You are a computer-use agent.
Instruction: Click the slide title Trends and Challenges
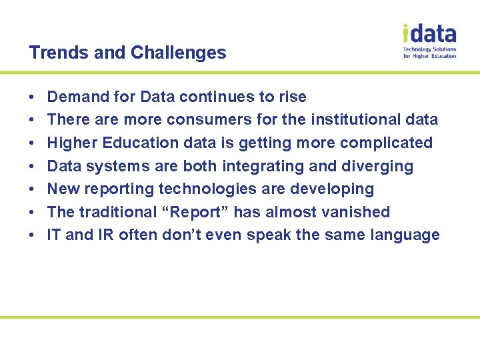click(127, 53)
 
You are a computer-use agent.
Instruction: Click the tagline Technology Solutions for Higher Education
click(429, 53)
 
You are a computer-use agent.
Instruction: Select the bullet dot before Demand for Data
click(33, 97)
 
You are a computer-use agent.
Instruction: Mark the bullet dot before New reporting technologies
click(33, 189)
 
